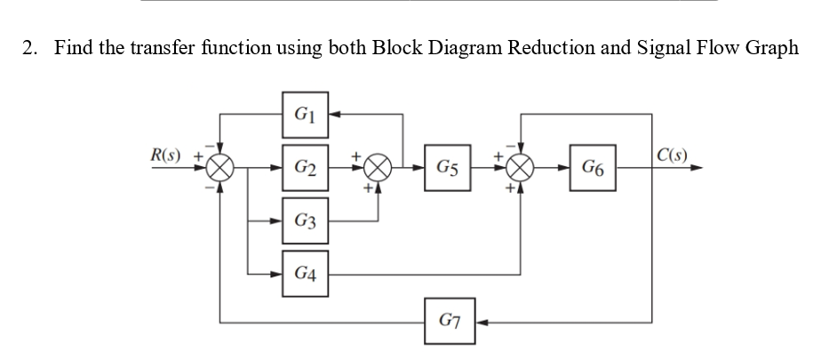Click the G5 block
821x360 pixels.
tap(447, 166)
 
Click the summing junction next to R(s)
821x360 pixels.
tap(220, 166)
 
